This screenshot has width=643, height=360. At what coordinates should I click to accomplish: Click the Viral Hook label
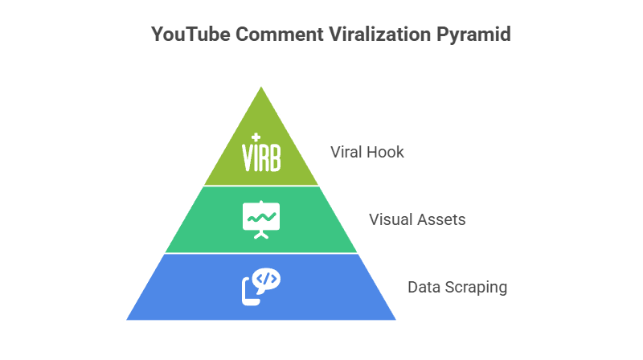pyautogui.click(x=367, y=152)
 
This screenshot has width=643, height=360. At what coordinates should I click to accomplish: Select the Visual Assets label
pyautogui.click(x=417, y=219)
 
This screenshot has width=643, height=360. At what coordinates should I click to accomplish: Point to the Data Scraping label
pyautogui.click(x=457, y=287)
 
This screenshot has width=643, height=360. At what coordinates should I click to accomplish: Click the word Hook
pyautogui.click(x=387, y=152)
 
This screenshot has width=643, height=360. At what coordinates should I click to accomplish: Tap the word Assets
pyautogui.click(x=441, y=219)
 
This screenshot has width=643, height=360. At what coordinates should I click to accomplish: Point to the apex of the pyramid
pyautogui.click(x=261, y=84)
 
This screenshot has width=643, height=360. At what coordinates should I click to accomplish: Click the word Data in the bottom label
pyautogui.click(x=422, y=287)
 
